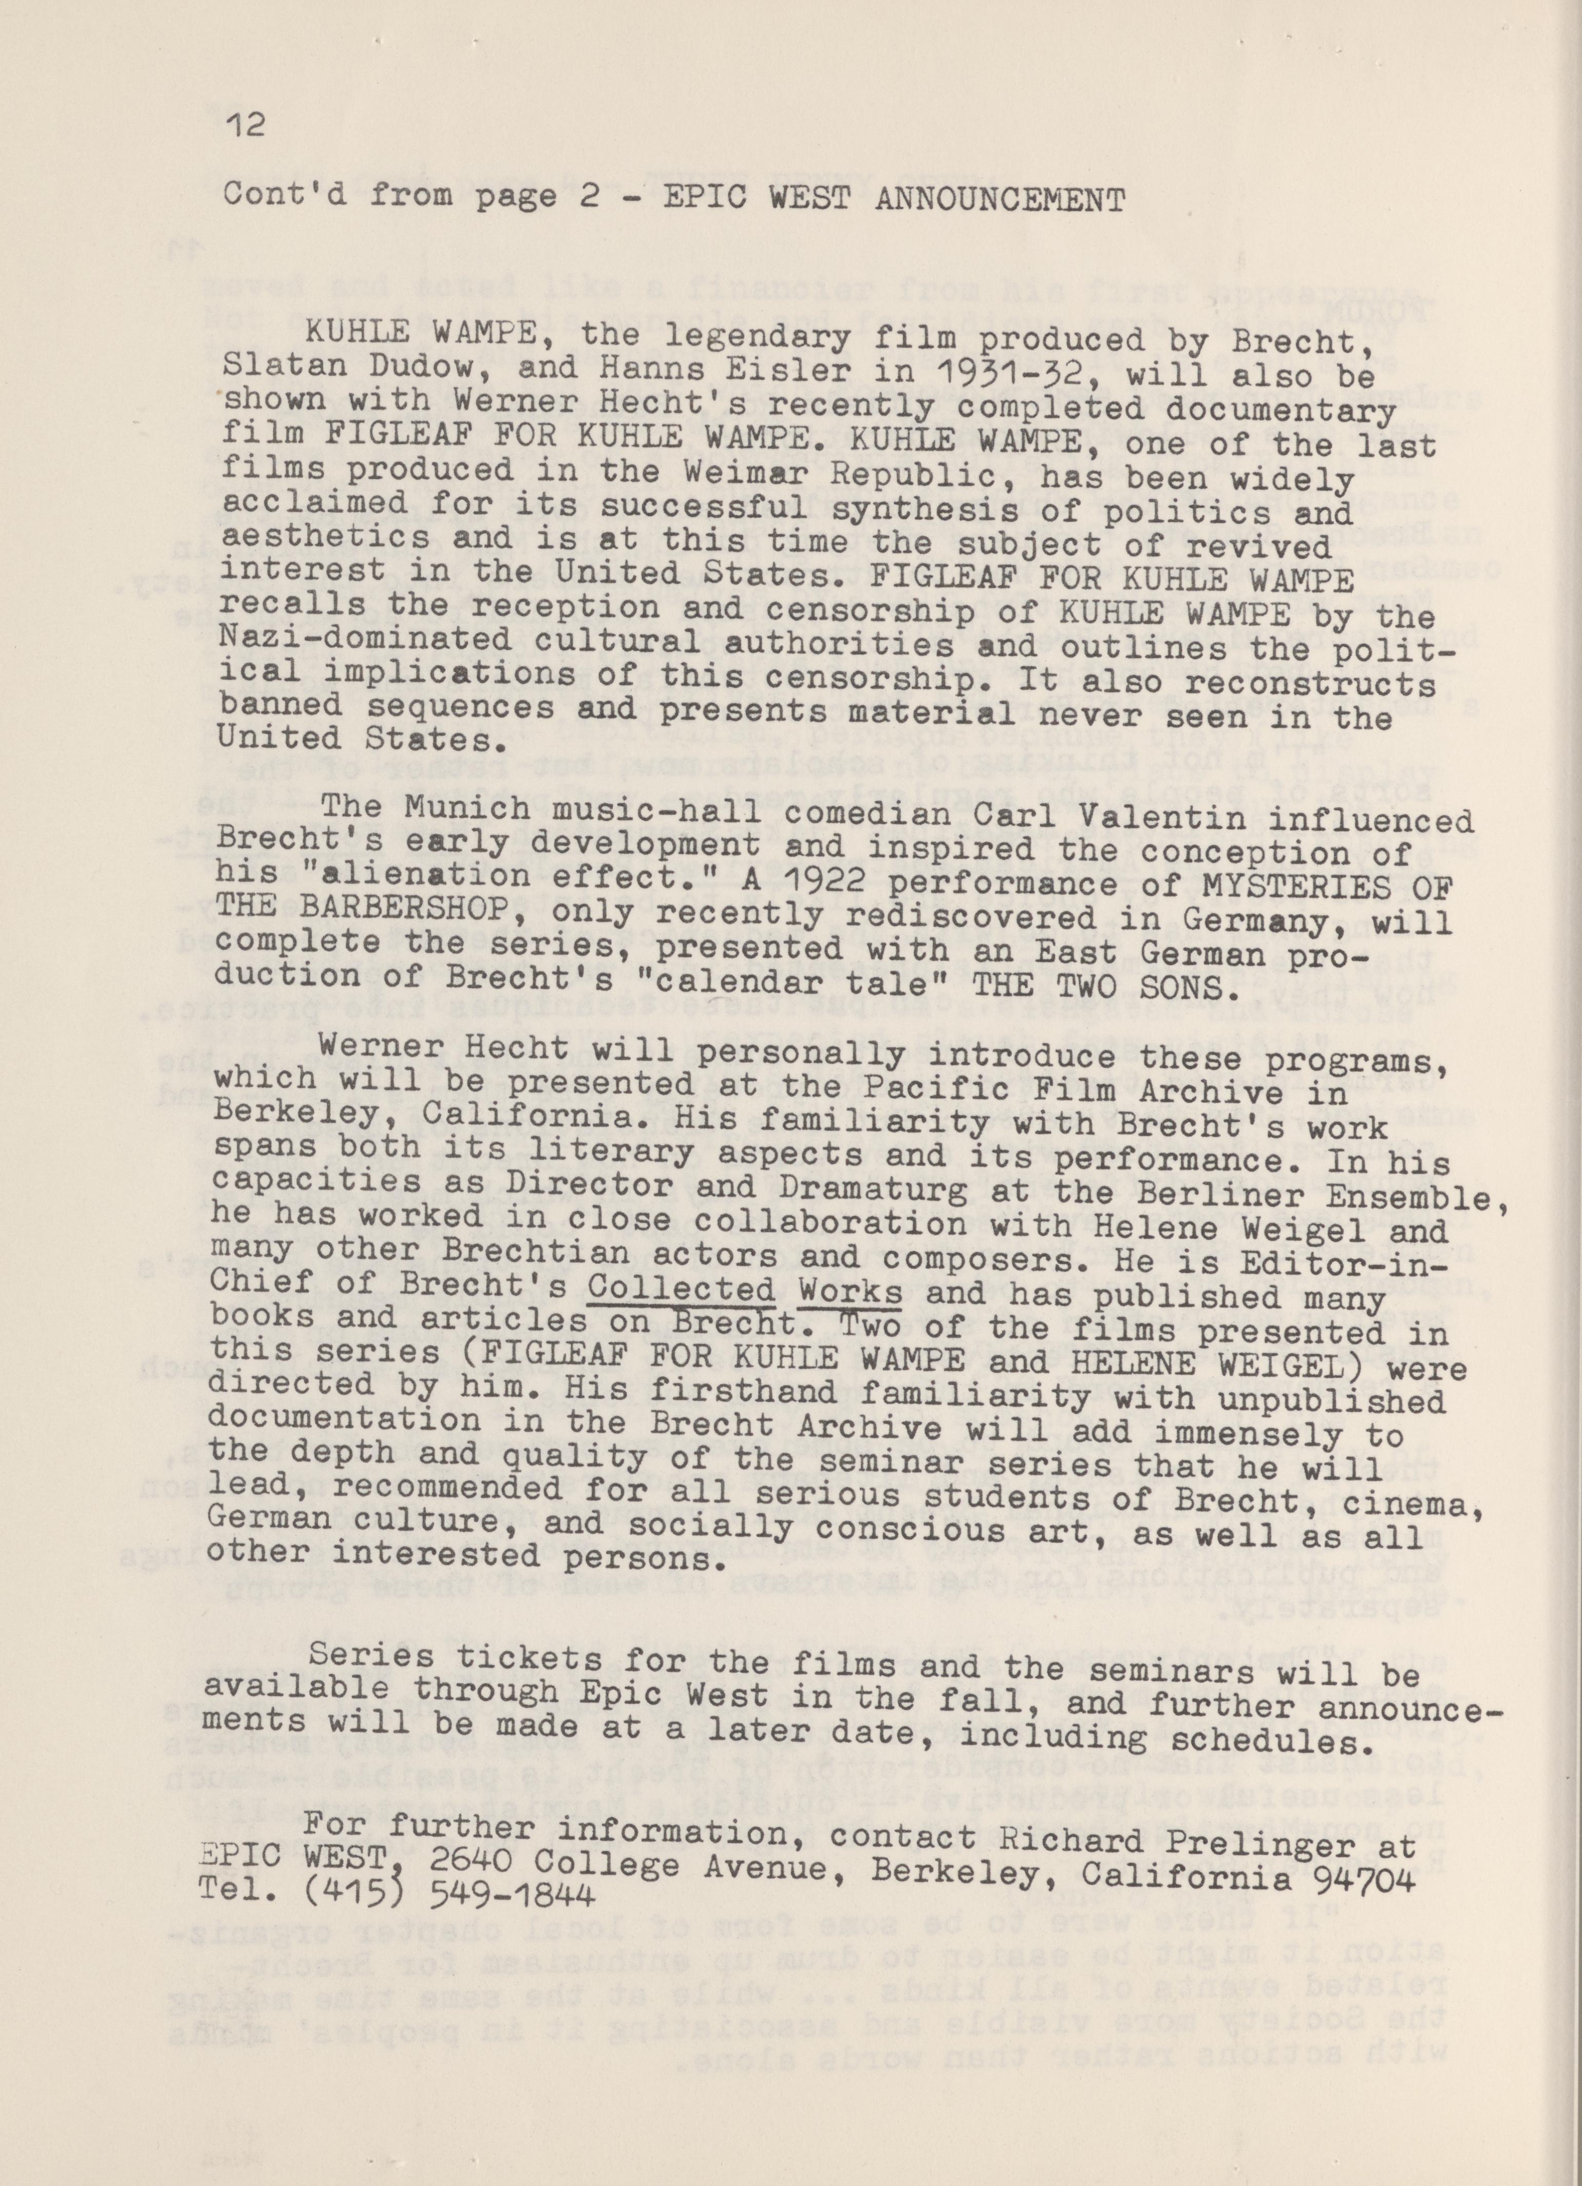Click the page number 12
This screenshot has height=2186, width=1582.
point(244,126)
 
